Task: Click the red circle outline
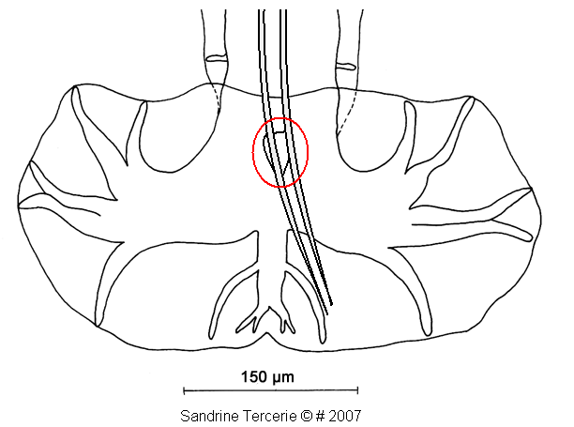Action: tap(252, 152)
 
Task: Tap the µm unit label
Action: tap(283, 378)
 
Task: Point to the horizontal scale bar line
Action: tap(270, 390)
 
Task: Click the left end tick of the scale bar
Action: tap(184, 390)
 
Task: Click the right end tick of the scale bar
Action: tap(357, 390)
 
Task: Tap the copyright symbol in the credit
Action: tap(307, 416)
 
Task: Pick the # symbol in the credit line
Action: tap(321, 416)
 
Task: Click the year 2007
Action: tap(345, 416)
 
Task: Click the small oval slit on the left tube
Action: tap(217, 58)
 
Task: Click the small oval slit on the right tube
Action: tap(345, 67)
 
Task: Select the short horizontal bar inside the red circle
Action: tap(279, 131)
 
